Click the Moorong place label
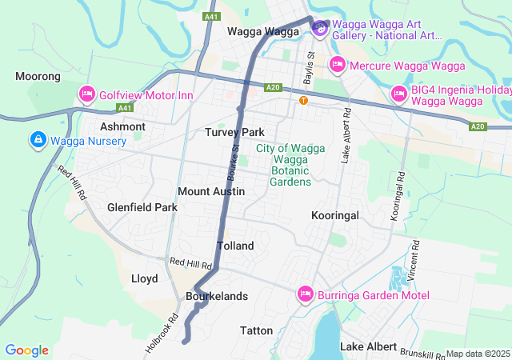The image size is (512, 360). pyautogui.click(x=38, y=77)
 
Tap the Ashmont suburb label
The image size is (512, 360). pyautogui.click(x=122, y=126)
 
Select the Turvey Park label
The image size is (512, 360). pyautogui.click(x=234, y=132)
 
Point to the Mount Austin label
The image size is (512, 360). pyautogui.click(x=211, y=192)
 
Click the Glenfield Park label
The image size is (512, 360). pyautogui.click(x=142, y=207)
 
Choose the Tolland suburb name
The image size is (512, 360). pyautogui.click(x=235, y=246)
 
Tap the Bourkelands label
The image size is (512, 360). pyautogui.click(x=216, y=296)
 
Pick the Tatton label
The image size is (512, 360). pyautogui.click(x=256, y=330)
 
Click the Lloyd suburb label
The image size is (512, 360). pyautogui.click(x=144, y=278)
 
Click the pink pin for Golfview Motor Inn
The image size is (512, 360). pyautogui.click(x=87, y=95)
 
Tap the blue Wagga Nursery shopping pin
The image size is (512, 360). pyautogui.click(x=37, y=140)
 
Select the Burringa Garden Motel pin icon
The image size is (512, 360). pyautogui.click(x=305, y=294)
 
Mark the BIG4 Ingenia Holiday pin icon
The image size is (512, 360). pyautogui.click(x=398, y=95)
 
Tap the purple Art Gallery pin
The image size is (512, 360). pyautogui.click(x=319, y=29)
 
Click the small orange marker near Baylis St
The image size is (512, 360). pyautogui.click(x=303, y=100)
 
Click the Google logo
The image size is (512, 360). pyautogui.click(x=27, y=350)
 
